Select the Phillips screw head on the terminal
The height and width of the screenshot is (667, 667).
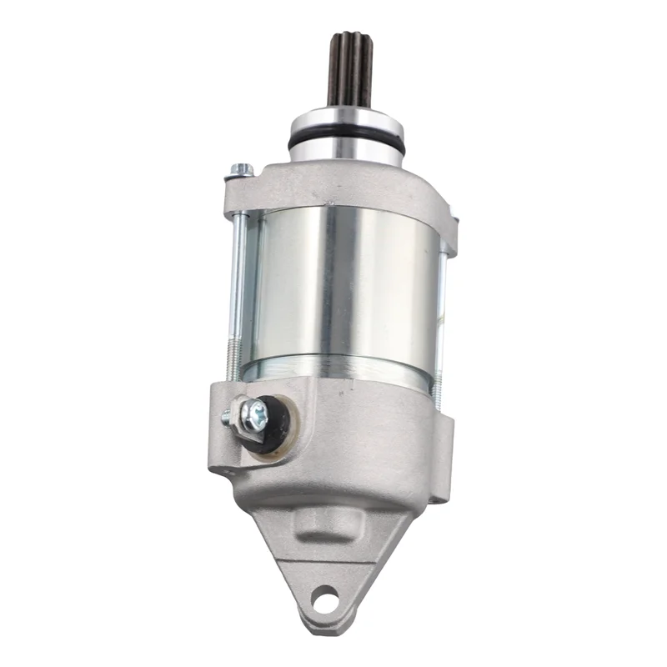coord(258,411)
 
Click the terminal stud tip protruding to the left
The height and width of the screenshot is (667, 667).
coord(228,414)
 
